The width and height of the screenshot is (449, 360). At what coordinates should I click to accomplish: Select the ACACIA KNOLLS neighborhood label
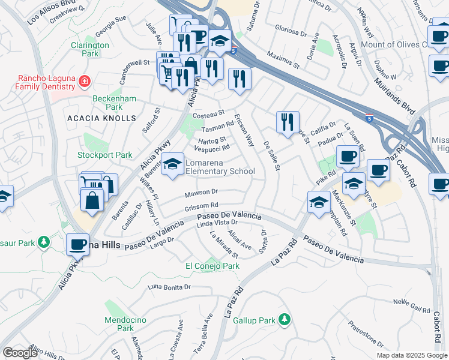click(101, 118)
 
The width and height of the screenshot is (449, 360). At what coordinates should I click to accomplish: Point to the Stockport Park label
click(104, 155)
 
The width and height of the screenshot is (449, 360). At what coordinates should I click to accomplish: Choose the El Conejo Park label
click(212, 266)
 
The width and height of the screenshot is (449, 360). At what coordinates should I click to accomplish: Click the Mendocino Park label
click(125, 324)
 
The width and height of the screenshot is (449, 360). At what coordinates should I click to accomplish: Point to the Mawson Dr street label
click(201, 193)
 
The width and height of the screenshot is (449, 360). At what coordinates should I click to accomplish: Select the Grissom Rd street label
click(193, 206)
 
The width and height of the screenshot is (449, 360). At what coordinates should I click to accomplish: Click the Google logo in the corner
click(20, 353)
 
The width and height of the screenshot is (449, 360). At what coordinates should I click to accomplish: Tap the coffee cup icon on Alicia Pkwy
click(77, 245)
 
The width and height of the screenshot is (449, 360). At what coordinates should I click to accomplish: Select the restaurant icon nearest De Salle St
click(288, 122)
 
